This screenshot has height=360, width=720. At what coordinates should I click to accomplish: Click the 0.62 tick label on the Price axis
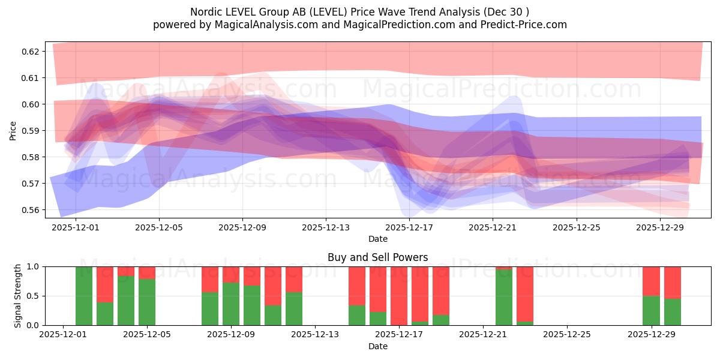click(30, 52)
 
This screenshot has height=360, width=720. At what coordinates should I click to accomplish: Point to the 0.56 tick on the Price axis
click(30, 210)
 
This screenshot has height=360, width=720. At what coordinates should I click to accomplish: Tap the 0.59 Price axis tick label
click(30, 131)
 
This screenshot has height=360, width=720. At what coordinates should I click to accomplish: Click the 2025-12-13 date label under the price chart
click(326, 227)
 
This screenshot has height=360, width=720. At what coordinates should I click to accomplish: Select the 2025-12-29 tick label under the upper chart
click(659, 227)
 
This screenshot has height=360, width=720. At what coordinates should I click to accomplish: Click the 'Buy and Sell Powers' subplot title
click(377, 257)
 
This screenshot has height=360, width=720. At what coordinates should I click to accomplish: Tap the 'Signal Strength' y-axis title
click(18, 295)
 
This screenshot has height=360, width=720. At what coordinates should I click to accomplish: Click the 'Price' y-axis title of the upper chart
click(13, 130)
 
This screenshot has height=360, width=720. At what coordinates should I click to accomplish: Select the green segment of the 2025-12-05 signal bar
click(147, 302)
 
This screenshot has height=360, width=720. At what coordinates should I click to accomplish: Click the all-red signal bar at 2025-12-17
click(399, 295)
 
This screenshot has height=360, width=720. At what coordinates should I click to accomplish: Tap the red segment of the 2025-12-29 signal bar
click(651, 281)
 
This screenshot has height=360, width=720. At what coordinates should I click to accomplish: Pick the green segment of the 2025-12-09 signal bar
click(231, 304)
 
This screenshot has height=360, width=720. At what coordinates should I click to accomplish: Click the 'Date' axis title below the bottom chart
click(377, 346)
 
